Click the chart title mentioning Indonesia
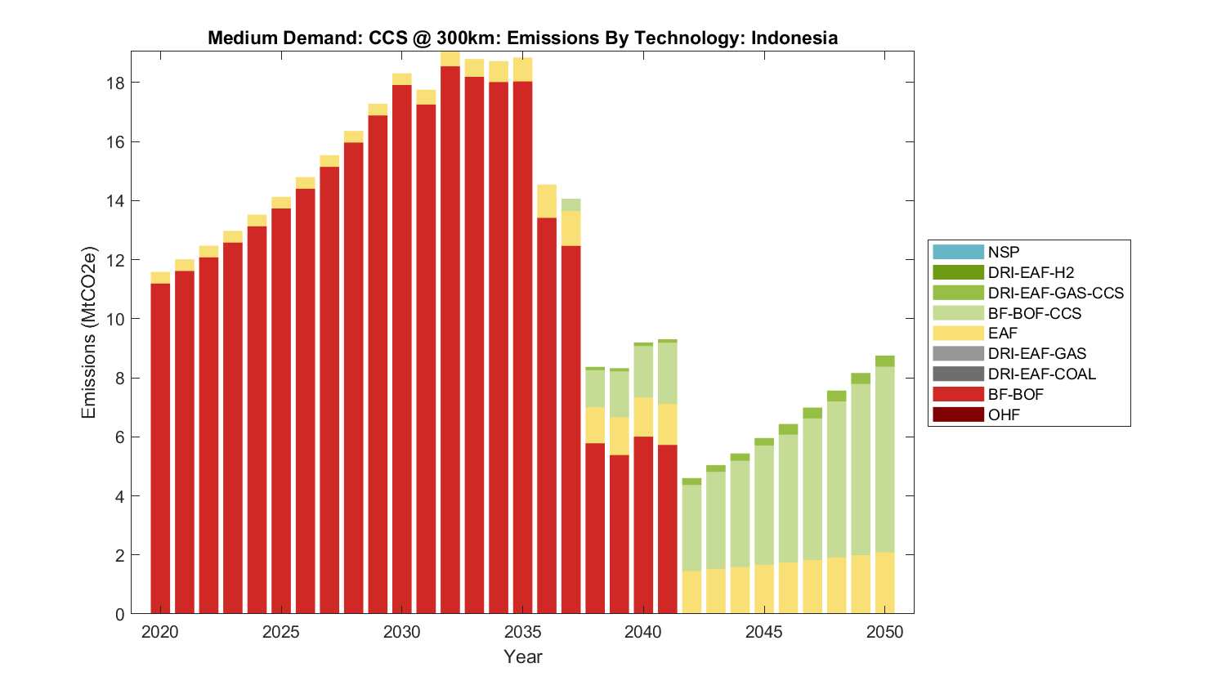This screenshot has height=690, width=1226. click(522, 38)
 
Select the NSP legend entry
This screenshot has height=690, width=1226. click(1003, 252)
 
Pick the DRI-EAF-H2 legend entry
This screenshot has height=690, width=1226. click(1030, 272)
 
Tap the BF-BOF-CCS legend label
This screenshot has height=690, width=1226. click(1034, 313)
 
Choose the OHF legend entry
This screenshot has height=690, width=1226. click(1004, 414)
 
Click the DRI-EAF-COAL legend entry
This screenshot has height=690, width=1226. click(1041, 374)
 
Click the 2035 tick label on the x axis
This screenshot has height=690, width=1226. click(523, 632)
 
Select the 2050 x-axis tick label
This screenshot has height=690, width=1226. click(885, 632)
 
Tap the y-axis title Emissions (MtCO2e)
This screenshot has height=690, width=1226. click(88, 333)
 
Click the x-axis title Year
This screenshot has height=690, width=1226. click(522, 656)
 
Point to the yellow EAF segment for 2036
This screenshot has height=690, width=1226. click(547, 201)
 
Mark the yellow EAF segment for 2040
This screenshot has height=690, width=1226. click(643, 417)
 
